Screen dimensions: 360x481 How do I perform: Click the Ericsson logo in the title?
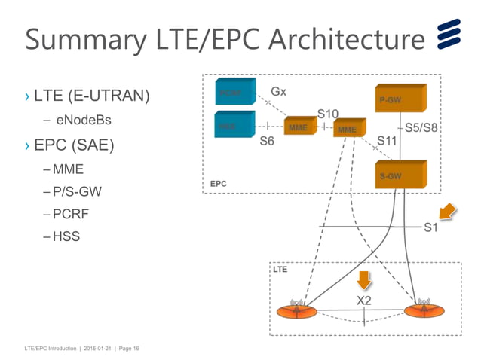click(x=450, y=37)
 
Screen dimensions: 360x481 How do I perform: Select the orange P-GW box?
click(x=400, y=100)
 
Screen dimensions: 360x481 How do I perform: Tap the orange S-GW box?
click(x=400, y=175)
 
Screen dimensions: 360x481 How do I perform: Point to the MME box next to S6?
click(x=299, y=127)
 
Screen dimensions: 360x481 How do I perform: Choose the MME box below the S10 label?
click(x=348, y=129)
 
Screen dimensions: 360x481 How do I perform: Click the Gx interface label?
click(x=278, y=91)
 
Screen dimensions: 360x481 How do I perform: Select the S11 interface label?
click(x=387, y=140)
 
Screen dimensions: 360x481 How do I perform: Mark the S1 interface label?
click(x=430, y=227)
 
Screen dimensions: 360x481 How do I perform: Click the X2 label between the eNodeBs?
click(x=363, y=301)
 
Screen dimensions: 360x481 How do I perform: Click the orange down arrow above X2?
click(x=364, y=280)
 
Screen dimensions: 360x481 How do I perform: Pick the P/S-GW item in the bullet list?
click(x=77, y=192)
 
